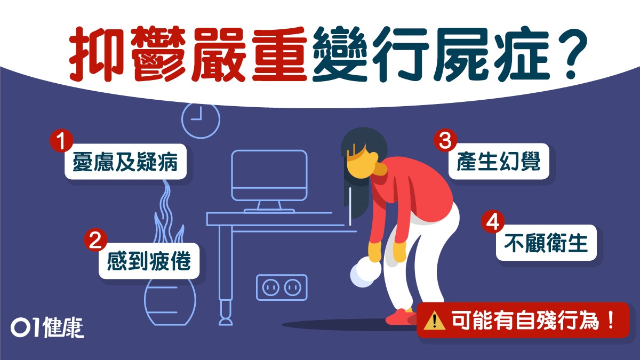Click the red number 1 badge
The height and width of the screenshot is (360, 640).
pyautogui.click(x=61, y=141)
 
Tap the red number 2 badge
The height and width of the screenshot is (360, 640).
pyautogui.click(x=95, y=239)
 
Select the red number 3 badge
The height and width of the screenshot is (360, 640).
pyautogui.click(x=445, y=141)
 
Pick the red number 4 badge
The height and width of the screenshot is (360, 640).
pyautogui.click(x=493, y=222)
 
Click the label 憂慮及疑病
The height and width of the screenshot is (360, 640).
pyautogui.click(x=125, y=162)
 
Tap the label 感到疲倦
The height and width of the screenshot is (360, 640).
pyautogui.click(x=149, y=261)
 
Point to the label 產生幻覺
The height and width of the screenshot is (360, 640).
pyautogui.click(x=499, y=162)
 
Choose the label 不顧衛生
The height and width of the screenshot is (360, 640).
pyautogui.click(x=546, y=243)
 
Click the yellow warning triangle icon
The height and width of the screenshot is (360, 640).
pyautogui.click(x=435, y=321)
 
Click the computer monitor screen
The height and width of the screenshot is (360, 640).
pyautogui.click(x=269, y=175)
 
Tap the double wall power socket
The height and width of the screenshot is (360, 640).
pyautogui.click(x=282, y=287)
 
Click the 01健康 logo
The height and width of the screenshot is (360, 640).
pyautogui.click(x=47, y=327)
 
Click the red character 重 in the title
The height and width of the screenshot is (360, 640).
pyautogui.click(x=279, y=54)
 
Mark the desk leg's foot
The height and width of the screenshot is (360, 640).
pyautogui.click(x=226, y=322)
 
